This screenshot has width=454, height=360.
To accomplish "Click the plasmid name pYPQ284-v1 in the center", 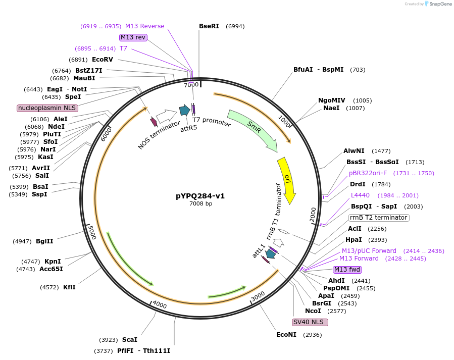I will (x=200, y=196).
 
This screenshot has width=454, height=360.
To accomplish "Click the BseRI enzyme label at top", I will (x=209, y=26).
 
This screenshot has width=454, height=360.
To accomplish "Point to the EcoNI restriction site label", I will (x=286, y=334).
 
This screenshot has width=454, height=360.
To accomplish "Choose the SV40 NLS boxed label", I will (x=310, y=322).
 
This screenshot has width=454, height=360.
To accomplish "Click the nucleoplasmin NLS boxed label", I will (x=47, y=108).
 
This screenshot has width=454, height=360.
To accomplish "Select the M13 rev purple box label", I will (x=133, y=37).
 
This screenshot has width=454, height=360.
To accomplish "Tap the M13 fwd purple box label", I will (x=347, y=270).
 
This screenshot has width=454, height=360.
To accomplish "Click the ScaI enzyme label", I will (x=129, y=340).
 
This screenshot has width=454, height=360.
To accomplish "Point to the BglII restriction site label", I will (x=44, y=241).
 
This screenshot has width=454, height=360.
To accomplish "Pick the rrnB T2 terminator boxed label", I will (x=378, y=218).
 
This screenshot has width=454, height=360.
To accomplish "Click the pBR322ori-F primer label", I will (x=368, y=173).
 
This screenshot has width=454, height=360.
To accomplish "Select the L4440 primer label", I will (x=360, y=195).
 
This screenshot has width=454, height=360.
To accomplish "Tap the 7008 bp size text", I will (x=200, y=203).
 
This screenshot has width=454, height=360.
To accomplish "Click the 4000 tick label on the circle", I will (x=160, y=305).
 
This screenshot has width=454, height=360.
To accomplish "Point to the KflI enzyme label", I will (x=69, y=287).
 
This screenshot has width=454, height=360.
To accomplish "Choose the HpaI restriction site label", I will (x=354, y=240).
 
